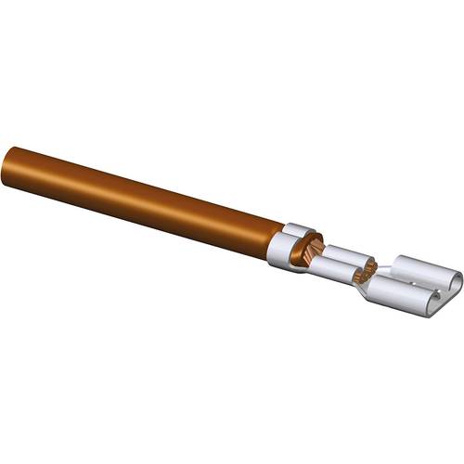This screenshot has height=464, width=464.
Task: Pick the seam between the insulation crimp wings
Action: click(x=295, y=243)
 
